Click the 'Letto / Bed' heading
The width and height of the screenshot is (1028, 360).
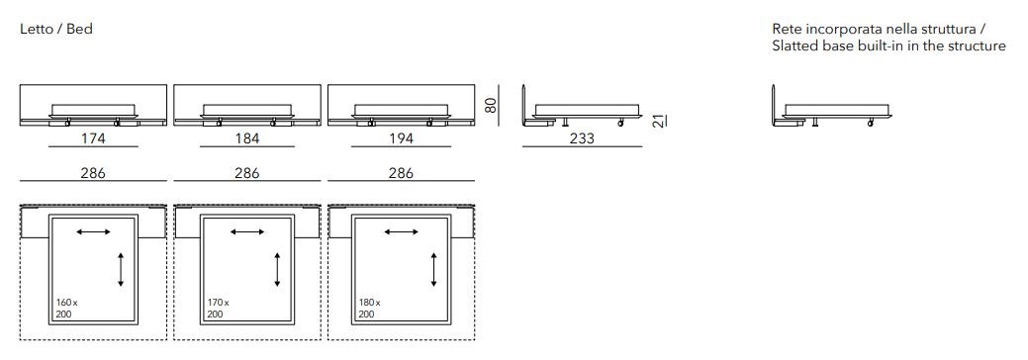tap(56, 29)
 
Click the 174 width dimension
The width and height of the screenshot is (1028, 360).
tap(93, 137)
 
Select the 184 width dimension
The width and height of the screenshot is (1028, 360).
tap(247, 137)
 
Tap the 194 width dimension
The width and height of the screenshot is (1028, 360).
tap(402, 137)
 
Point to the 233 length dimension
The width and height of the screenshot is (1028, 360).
tap(582, 137)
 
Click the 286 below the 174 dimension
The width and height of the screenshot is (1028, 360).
tap(93, 173)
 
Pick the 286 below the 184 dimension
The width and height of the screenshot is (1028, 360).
tap(247, 173)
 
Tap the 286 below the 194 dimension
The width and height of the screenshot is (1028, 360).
tap(402, 173)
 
